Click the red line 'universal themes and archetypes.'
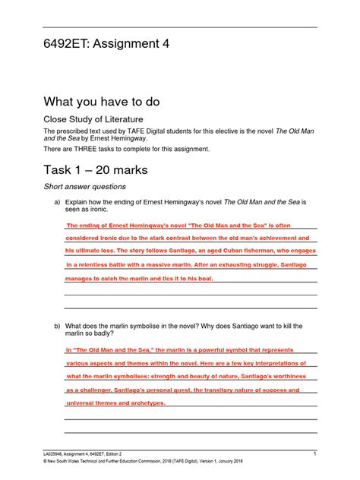[x=115, y=403]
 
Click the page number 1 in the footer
[x=314, y=453]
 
